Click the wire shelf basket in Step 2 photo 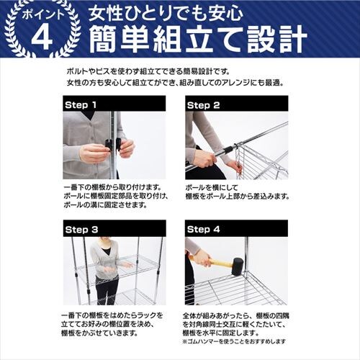click(x=259, y=162)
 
